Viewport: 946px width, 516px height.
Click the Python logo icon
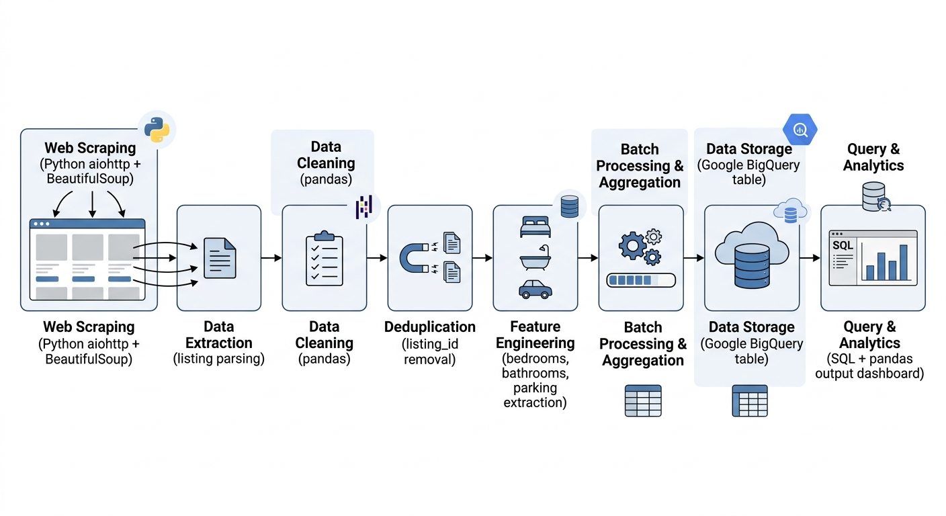pyautogui.click(x=157, y=130)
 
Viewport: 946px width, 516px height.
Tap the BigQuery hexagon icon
pyautogui.click(x=800, y=130)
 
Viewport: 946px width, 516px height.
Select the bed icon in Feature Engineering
pyautogui.click(x=535, y=227)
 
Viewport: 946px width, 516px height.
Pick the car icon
pyautogui.click(x=535, y=289)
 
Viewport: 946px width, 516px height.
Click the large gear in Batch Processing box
pyautogui.click(x=632, y=247)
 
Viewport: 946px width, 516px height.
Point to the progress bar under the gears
pyautogui.click(x=640, y=280)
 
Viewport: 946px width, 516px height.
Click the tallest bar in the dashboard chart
pyautogui.click(x=904, y=262)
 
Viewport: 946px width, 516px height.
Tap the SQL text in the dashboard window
pyautogui.click(x=843, y=246)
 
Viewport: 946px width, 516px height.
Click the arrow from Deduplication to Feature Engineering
pyautogui.click(x=482, y=258)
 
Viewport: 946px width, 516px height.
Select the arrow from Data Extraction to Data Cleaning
pyautogui.click(x=271, y=258)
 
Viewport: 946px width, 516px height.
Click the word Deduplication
pyautogui.click(x=430, y=327)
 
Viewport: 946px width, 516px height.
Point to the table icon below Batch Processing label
pyautogui.click(x=643, y=400)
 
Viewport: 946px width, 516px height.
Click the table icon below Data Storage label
pyautogui.click(x=749, y=400)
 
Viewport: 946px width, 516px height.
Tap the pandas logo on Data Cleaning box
pyautogui.click(x=364, y=208)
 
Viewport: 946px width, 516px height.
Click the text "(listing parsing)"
pyautogui.click(x=219, y=359)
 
